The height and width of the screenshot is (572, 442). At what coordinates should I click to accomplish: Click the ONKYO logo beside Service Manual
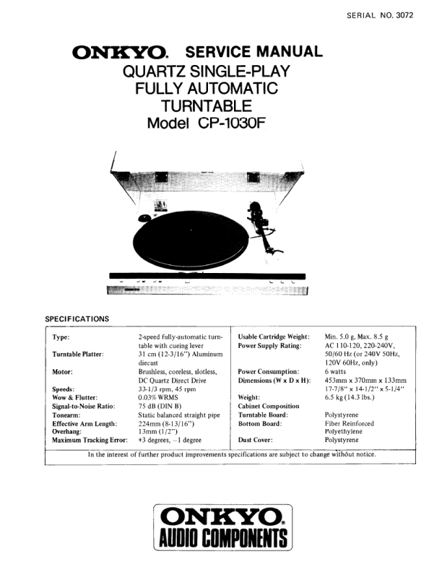click(120, 53)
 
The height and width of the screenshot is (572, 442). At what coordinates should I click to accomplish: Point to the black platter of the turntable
click(188, 245)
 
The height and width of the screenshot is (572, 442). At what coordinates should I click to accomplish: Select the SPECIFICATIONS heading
click(77, 318)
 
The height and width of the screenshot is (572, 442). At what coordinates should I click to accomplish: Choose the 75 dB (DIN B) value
click(165, 405)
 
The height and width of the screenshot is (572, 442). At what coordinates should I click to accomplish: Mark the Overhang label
click(71, 430)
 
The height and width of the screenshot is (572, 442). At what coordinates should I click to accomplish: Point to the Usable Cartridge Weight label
click(274, 337)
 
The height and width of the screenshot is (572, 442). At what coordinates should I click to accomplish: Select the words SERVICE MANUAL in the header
click(253, 52)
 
